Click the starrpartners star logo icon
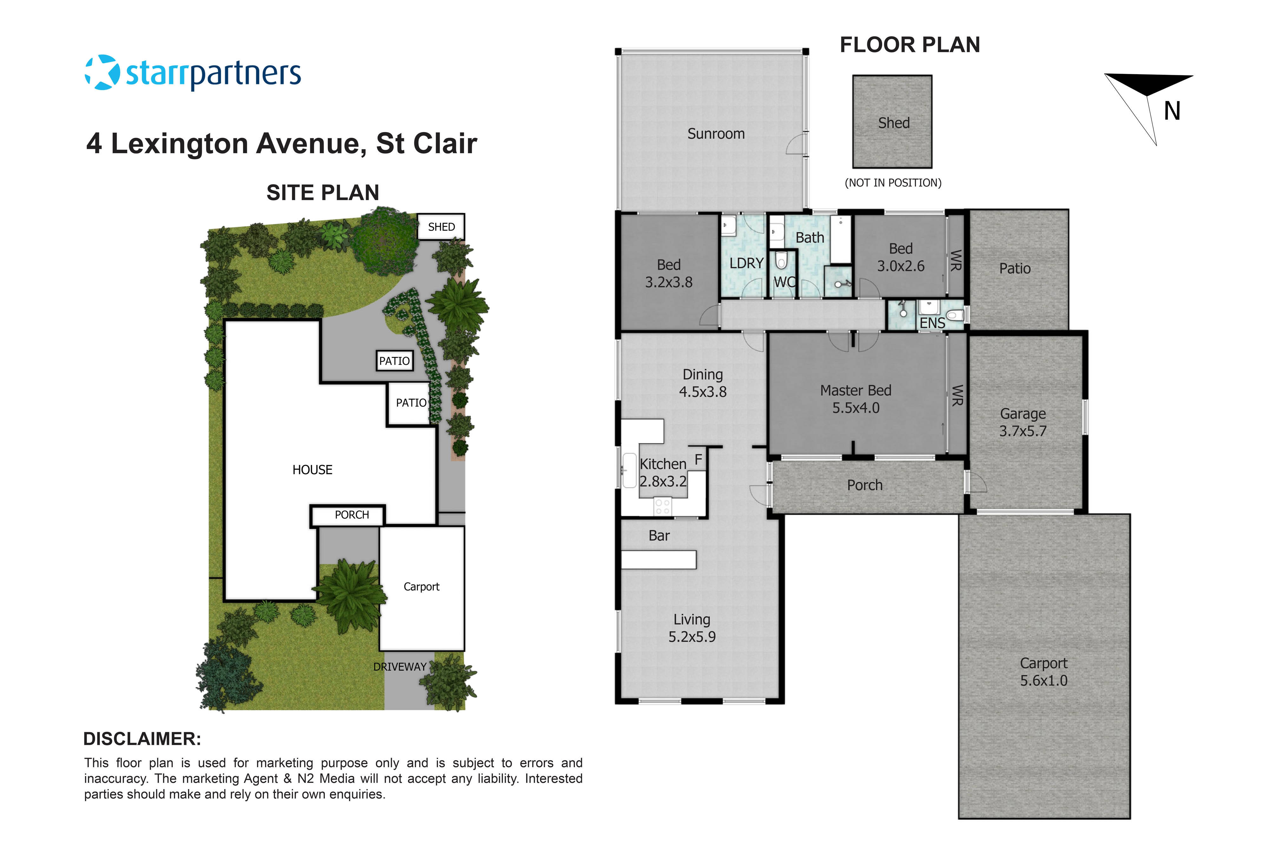(x=102, y=72)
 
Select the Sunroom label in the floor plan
(x=715, y=134)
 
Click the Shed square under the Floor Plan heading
(x=892, y=122)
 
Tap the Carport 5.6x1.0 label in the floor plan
(x=1043, y=672)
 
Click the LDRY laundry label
(x=746, y=263)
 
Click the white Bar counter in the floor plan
(x=658, y=560)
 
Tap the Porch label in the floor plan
(x=864, y=485)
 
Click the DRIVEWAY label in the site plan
(x=400, y=667)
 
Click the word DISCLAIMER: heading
(x=142, y=739)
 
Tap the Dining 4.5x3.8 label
(x=702, y=383)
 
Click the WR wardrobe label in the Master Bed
(x=956, y=396)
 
